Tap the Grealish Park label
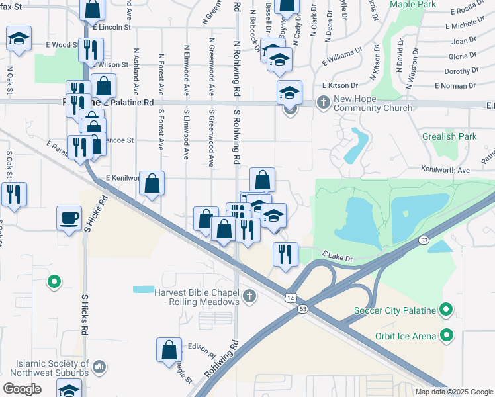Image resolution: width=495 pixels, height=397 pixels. click(449, 137)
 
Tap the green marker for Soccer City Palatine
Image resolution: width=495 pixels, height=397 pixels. click(446, 310)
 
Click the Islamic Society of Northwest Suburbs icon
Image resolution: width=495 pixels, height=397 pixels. click(99, 366)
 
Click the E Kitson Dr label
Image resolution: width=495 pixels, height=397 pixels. click(340, 85)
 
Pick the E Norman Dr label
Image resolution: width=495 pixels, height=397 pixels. click(457, 86)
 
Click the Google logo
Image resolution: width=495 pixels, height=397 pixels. click(22, 388)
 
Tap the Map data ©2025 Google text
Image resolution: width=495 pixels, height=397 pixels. click(453, 392)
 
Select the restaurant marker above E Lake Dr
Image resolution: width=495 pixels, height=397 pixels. click(285, 253)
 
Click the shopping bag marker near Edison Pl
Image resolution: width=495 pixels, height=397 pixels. click(169, 349)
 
